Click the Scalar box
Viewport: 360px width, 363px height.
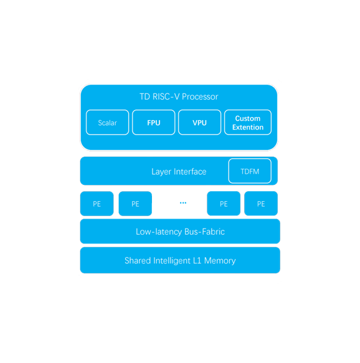107,122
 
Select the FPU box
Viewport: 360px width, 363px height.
153,122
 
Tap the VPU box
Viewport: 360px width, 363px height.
199,122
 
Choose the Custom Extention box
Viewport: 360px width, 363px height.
248,122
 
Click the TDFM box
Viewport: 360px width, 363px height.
250,171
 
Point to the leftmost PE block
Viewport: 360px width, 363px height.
97,204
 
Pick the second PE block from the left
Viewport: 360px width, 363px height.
135,204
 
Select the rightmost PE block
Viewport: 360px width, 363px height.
261,204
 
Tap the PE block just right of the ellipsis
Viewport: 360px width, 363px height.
224,204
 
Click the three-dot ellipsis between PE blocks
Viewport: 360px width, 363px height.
183,203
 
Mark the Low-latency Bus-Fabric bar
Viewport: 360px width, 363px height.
180,231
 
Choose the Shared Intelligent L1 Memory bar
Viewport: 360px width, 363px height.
180,260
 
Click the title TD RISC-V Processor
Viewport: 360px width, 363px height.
179,97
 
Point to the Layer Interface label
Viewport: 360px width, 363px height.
179,172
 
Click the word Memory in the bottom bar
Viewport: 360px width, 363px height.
220,261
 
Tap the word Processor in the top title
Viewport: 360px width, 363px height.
200,97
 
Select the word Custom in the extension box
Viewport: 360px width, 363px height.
248,118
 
